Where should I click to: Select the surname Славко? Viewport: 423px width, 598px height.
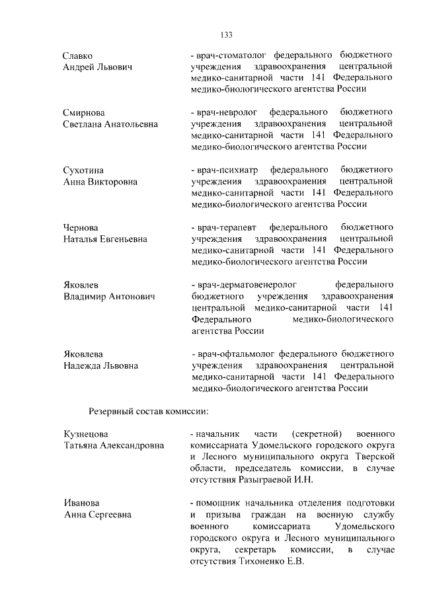(78, 56)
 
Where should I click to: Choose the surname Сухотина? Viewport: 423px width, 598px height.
(83, 170)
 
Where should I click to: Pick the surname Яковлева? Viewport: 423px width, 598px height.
(83, 354)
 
